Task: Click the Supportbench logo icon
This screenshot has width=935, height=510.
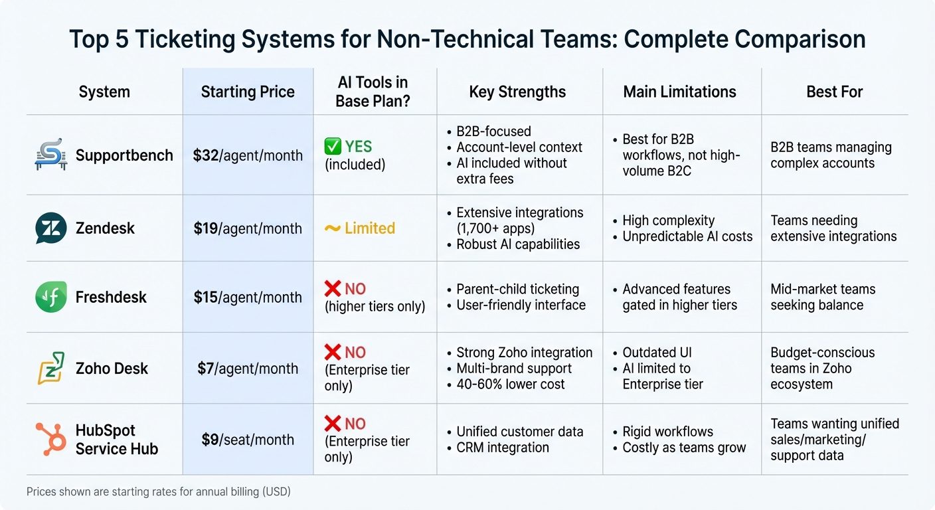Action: click(50, 155)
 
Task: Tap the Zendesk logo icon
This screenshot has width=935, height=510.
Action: click(50, 228)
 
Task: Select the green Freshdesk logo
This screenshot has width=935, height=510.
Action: click(50, 297)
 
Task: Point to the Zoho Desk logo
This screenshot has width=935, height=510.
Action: click(50, 369)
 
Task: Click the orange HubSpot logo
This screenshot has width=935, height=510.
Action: click(50, 440)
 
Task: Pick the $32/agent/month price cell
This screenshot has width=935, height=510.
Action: click(248, 155)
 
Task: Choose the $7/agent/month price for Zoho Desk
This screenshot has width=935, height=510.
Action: click(248, 369)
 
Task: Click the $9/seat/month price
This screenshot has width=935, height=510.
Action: click(248, 440)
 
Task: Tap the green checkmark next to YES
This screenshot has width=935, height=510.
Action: click(333, 147)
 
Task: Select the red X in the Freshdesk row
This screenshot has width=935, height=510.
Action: click(333, 289)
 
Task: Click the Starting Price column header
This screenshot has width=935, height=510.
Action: click(248, 92)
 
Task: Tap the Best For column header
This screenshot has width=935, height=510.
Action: click(834, 92)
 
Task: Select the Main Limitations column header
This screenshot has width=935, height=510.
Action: click(679, 92)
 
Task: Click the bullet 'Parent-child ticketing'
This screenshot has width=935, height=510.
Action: click(517, 289)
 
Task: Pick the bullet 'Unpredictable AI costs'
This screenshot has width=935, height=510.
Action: click(687, 236)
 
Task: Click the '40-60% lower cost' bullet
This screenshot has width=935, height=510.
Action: click(510, 384)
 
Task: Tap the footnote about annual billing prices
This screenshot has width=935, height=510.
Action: click(159, 492)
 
